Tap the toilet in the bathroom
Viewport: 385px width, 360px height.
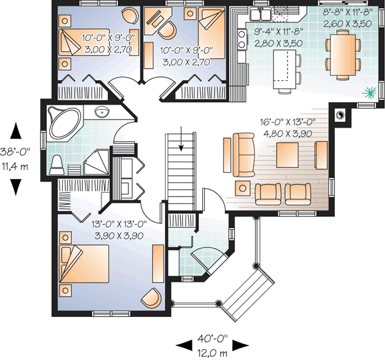(x=57, y=164)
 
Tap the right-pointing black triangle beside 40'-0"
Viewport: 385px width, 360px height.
(x=239, y=345)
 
